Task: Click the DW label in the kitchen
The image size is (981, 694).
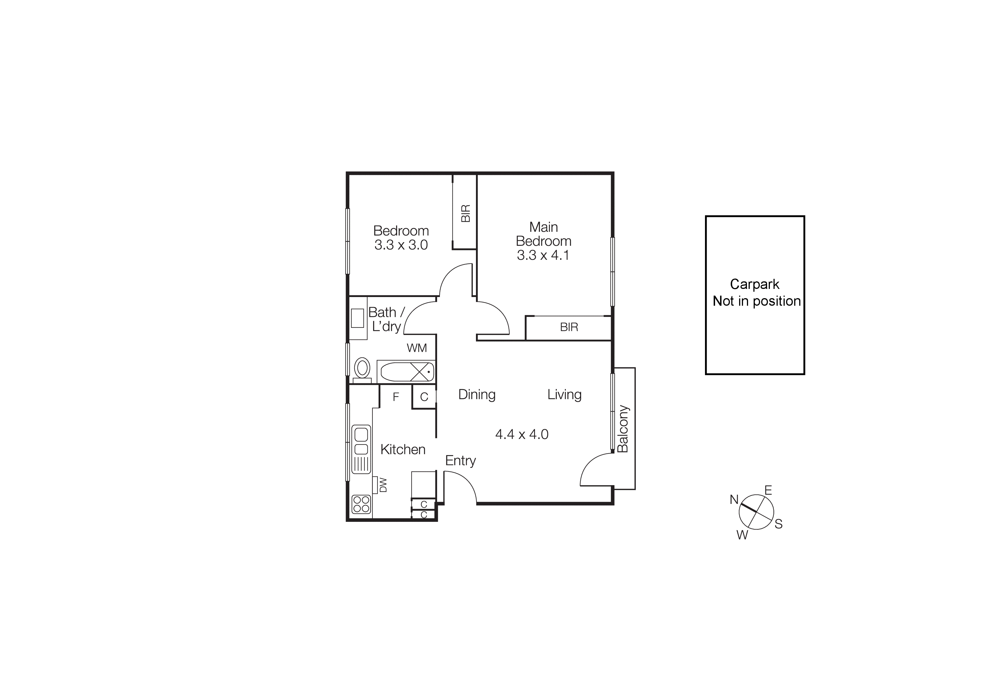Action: [x=383, y=485]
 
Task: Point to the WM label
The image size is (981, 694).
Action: [x=417, y=348]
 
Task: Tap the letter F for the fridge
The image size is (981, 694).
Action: [x=396, y=397]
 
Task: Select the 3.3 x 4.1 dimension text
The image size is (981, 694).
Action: [x=543, y=255]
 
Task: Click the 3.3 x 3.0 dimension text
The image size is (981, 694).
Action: [x=401, y=245]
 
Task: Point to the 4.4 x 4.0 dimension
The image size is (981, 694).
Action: [x=522, y=434]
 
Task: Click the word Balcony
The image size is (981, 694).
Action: [x=623, y=429]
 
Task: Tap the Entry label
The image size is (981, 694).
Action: [x=460, y=461]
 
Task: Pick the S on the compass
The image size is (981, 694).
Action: [x=779, y=524]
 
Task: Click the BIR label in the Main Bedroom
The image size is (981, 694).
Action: [x=569, y=327]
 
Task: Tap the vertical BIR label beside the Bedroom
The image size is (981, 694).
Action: [x=466, y=213]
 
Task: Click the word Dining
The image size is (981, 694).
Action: [x=477, y=394]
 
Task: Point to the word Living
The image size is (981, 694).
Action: [x=564, y=394]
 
